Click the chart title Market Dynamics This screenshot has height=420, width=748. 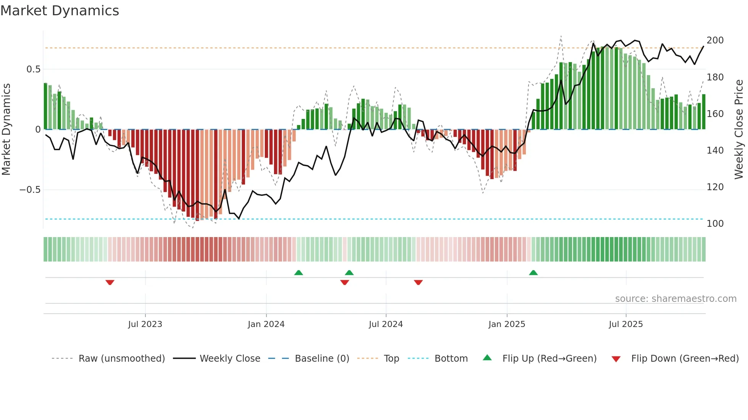[60, 11]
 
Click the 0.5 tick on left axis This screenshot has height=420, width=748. [33, 69]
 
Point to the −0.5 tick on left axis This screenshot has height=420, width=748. [30, 190]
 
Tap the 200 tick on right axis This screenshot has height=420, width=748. [715, 40]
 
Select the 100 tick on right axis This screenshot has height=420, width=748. [715, 224]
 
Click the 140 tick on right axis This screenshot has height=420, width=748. [715, 151]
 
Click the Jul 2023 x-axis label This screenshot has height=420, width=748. [145, 324]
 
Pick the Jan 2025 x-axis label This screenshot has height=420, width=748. [506, 324]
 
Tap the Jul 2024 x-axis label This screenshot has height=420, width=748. [385, 324]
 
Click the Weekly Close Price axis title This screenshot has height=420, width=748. [739, 130]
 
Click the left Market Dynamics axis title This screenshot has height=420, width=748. [6, 130]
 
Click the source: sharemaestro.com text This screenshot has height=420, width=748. [675, 299]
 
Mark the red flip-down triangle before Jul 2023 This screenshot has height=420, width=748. [110, 282]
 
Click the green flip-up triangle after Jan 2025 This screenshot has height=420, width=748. [533, 273]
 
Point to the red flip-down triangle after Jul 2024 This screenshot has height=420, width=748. [418, 282]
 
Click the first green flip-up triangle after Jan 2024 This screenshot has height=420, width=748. [298, 273]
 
